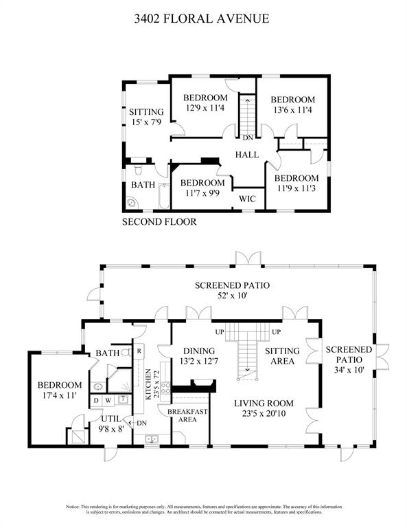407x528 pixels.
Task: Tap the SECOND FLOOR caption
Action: pyautogui.click(x=159, y=222)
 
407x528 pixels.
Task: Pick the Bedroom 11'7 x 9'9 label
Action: pyautogui.click(x=202, y=188)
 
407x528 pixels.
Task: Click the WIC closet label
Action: pyautogui.click(x=247, y=199)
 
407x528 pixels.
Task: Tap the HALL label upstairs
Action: pyautogui.click(x=246, y=155)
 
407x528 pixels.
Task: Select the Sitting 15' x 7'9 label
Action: pyautogui.click(x=146, y=117)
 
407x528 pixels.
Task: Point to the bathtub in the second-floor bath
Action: pyautogui.click(x=163, y=197)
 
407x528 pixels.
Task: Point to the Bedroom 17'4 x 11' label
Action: pyautogui.click(x=60, y=390)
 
